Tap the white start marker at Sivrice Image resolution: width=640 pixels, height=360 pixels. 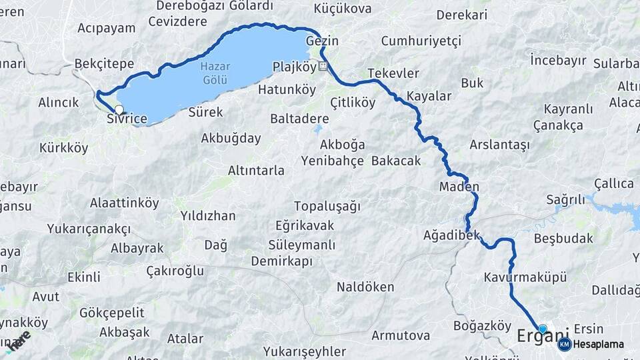(119, 109)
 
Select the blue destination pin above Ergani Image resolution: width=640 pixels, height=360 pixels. (543, 329)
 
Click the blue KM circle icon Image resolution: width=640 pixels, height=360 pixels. (564, 344)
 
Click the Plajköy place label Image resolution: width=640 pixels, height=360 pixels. (294, 66)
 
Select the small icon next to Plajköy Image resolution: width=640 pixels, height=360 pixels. (323, 66)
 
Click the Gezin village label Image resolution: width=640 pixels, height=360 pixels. (323, 41)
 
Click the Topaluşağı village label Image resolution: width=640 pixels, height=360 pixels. (327, 205)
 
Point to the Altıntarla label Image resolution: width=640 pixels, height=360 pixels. (256, 171)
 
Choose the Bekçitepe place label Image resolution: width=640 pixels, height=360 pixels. (104, 64)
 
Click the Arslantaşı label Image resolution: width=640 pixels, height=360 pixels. (499, 145)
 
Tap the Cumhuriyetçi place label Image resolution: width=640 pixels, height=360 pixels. (421, 41)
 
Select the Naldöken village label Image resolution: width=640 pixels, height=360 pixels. (365, 287)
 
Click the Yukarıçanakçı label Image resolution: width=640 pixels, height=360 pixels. (89, 229)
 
